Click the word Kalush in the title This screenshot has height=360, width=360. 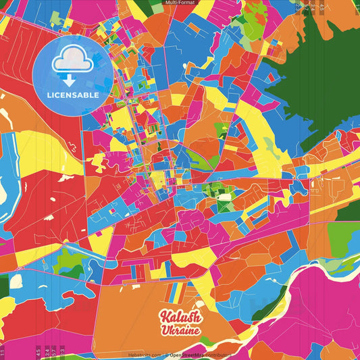coord(180,318)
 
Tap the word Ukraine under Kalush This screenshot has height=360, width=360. coord(179,331)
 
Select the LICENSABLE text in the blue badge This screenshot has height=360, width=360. coord(73,95)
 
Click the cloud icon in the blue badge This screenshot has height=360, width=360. coord(72,61)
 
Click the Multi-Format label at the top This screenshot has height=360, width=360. coord(180,3)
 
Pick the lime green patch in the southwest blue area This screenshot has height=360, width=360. coord(68,260)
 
